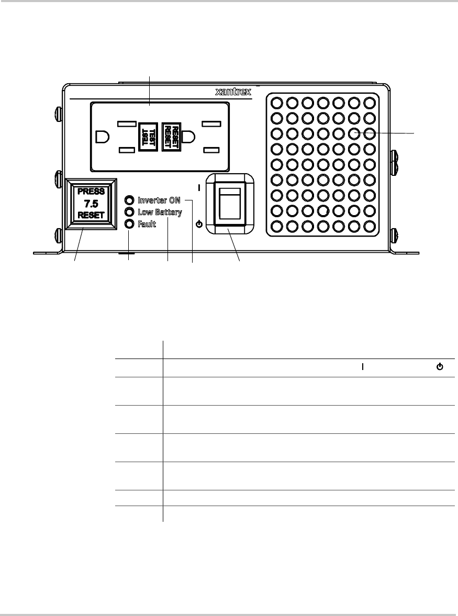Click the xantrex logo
(x=233, y=92)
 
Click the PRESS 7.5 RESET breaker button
(x=91, y=204)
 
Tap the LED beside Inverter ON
(x=129, y=200)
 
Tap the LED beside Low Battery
(x=129, y=212)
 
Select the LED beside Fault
(x=129, y=224)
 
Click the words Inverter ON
(x=159, y=200)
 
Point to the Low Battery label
(x=160, y=212)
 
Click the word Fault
(x=147, y=224)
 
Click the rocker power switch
(x=230, y=204)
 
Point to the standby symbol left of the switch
(x=199, y=225)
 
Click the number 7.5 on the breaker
(x=91, y=204)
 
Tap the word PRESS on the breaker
(x=91, y=192)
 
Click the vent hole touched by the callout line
(x=354, y=133)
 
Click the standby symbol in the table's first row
(x=440, y=367)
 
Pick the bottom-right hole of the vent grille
(x=370, y=227)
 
